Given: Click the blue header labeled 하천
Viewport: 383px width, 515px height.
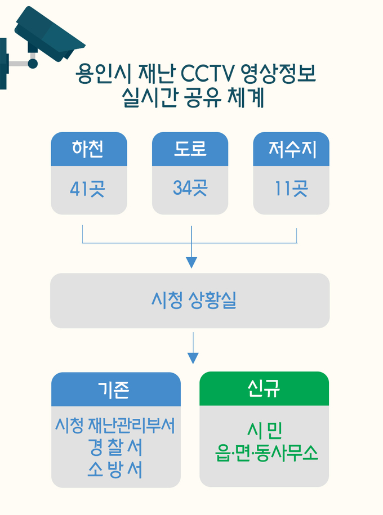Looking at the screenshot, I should [x=88, y=149].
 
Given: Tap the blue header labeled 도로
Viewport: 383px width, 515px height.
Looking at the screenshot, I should [x=190, y=149].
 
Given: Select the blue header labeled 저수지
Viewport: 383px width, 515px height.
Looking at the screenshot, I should [x=291, y=149].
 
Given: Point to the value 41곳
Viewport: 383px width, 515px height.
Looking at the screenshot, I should [x=87, y=189].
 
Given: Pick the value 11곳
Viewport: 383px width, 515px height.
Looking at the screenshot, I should [x=291, y=189].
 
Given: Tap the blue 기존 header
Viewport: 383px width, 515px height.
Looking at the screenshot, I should [x=115, y=389].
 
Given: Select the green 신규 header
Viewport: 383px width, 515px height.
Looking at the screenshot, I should [x=264, y=388].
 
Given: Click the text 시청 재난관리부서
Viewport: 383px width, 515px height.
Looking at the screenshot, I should [x=115, y=426].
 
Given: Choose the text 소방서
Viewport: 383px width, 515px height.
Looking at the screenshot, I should [x=115, y=469].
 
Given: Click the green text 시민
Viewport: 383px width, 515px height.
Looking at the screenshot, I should [x=264, y=432].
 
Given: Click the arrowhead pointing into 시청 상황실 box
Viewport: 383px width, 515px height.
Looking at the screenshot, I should [x=191, y=263].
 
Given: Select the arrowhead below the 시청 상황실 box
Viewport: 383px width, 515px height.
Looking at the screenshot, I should [x=193, y=358].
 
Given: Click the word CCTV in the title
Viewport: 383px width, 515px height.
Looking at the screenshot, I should [x=205, y=74].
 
